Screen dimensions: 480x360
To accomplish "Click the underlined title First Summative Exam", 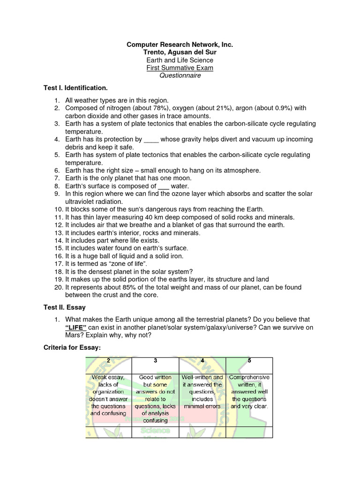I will click(180, 68).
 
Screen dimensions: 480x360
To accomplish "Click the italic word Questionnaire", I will click(180, 75).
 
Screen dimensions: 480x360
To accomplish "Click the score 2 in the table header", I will click(108, 360).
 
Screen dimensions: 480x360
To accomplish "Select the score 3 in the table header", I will click(155, 360).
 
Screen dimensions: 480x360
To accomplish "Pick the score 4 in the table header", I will click(202, 360).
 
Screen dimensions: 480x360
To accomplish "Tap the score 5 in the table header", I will click(249, 360).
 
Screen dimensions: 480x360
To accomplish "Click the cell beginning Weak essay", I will click(108, 395).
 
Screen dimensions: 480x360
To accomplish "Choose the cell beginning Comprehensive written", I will click(249, 391).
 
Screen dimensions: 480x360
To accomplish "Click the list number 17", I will click(59, 264).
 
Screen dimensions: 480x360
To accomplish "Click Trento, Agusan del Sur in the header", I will click(180, 52).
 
